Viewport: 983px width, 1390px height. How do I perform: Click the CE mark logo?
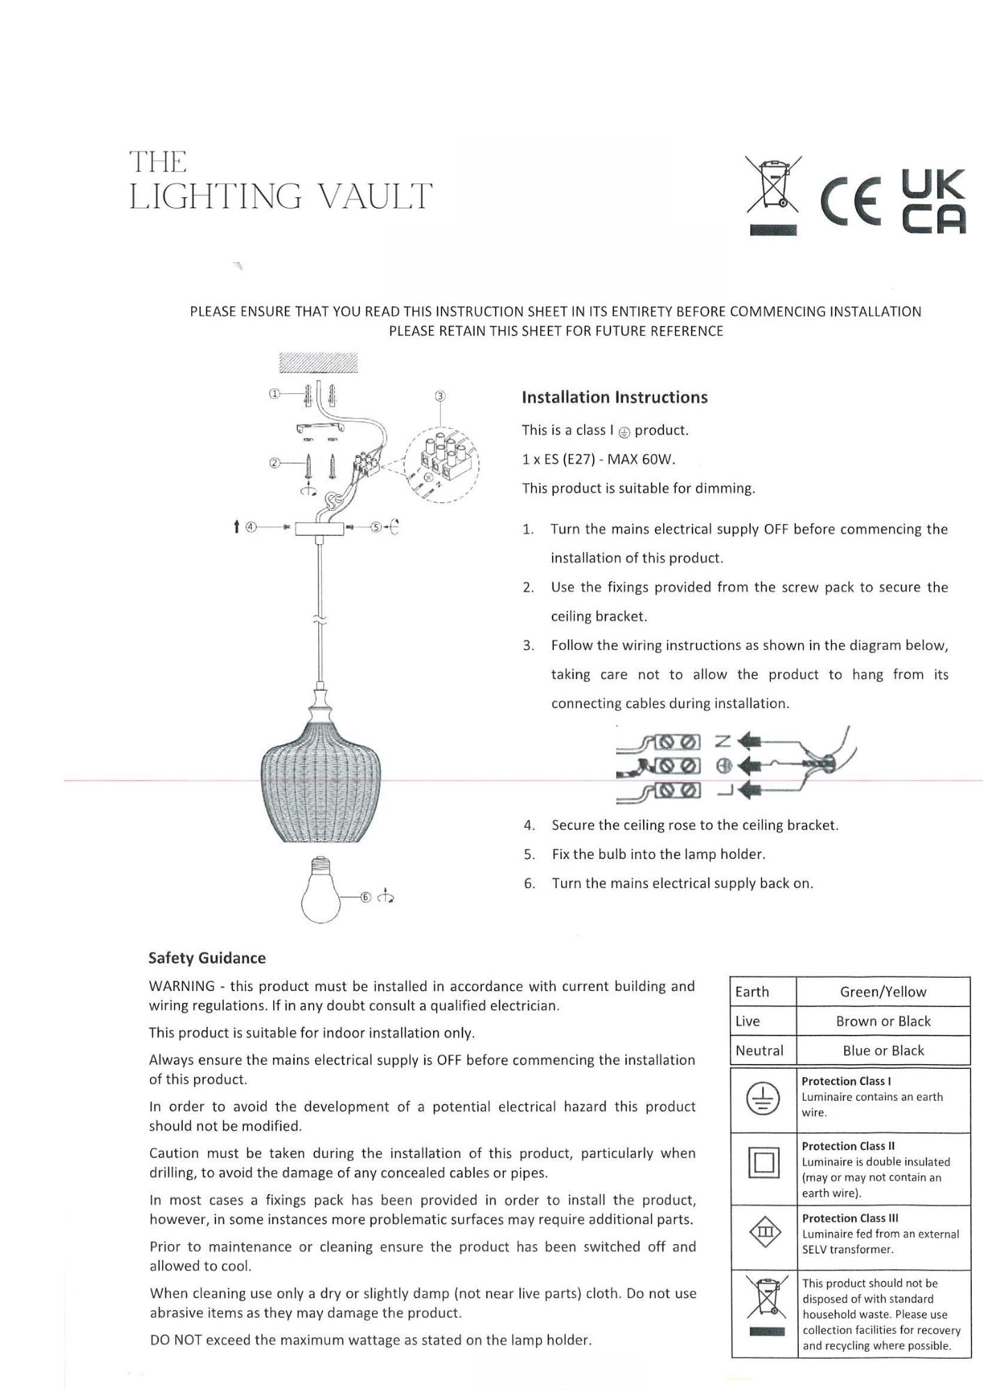[852, 199]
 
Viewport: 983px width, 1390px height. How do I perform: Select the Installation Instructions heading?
[615, 398]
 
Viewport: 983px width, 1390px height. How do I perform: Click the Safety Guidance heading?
[207, 958]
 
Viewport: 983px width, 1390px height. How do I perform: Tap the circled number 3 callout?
[439, 396]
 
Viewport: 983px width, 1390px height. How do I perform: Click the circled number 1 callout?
[274, 393]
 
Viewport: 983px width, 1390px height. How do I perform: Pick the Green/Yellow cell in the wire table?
[883, 992]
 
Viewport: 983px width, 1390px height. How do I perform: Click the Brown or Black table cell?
[883, 1021]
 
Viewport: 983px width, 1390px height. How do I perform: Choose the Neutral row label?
[759, 1050]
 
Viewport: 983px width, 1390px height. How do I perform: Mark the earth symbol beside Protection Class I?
[763, 1098]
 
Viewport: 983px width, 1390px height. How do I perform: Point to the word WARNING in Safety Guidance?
[181, 986]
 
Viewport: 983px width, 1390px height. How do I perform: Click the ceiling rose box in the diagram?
[320, 529]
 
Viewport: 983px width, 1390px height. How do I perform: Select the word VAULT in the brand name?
[375, 197]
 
